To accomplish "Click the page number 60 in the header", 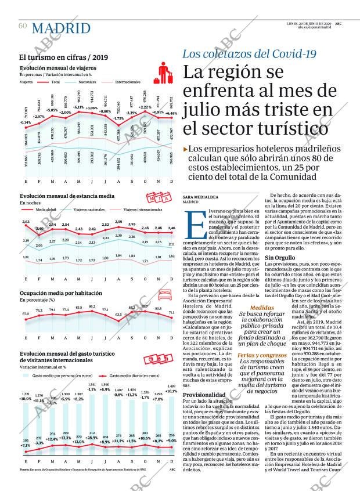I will pos(23,26).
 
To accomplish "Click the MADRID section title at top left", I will pos(61,28).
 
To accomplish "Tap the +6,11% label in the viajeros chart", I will pos(78,108).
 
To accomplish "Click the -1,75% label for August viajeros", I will pos(119,118).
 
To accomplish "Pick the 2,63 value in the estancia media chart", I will pos(26,222).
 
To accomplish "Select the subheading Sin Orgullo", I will pos(278,258).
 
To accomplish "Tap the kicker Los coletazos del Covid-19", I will pos(249,54).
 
